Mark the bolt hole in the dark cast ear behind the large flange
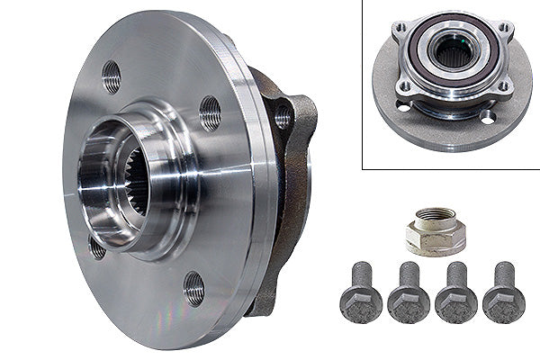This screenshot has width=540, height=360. tap(283, 116)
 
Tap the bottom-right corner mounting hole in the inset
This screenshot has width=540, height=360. tap(505, 87)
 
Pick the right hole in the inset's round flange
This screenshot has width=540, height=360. tap(487, 118)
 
